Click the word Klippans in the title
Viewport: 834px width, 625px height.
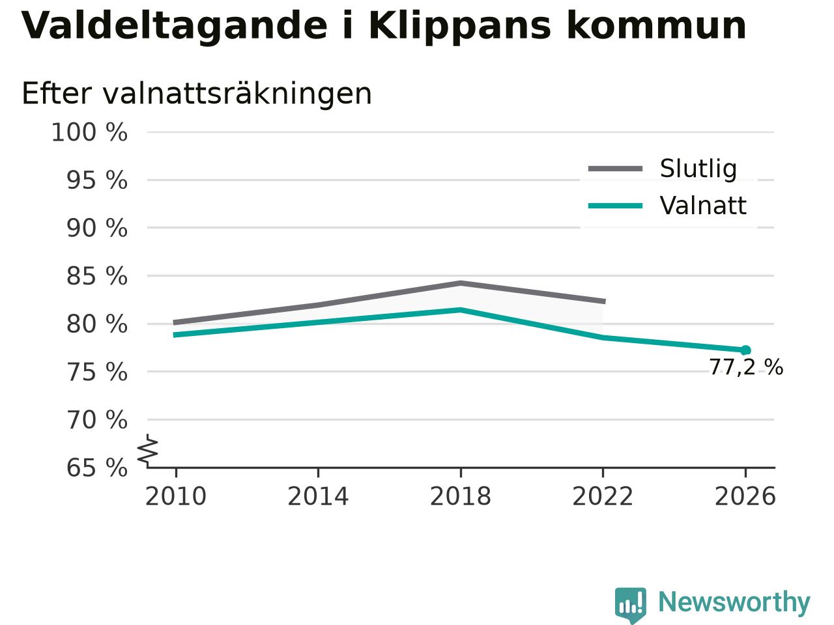pyautogui.click(x=459, y=27)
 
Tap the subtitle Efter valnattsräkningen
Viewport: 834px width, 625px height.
pyautogui.click(x=196, y=94)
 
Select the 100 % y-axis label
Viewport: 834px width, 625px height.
pyautogui.click(x=89, y=133)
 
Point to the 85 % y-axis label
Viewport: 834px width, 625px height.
pyautogui.click(x=97, y=276)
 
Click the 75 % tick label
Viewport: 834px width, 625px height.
pyautogui.click(x=97, y=372)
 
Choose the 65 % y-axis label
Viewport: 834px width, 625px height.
pyautogui.click(x=97, y=467)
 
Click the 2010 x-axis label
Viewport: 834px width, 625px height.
pyautogui.click(x=175, y=496)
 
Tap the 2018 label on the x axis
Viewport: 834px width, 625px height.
pyautogui.click(x=461, y=496)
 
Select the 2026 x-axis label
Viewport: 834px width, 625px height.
pyautogui.click(x=745, y=496)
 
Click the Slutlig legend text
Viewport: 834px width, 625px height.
pyautogui.click(x=698, y=169)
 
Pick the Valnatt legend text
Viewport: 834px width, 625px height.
pyautogui.click(x=703, y=206)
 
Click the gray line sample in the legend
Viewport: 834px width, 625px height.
pyautogui.click(x=615, y=169)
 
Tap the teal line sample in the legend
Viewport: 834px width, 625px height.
pyautogui.click(x=615, y=206)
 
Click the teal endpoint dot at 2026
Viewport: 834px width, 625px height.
pyautogui.click(x=745, y=350)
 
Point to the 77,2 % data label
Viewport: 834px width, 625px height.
pyautogui.click(x=746, y=367)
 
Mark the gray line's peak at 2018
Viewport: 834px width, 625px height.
pyautogui.click(x=461, y=283)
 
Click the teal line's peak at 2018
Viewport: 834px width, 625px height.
pyautogui.click(x=461, y=310)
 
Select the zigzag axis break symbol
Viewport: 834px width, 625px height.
pyautogui.click(x=147, y=450)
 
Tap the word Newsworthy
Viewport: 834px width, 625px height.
pyautogui.click(x=734, y=602)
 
